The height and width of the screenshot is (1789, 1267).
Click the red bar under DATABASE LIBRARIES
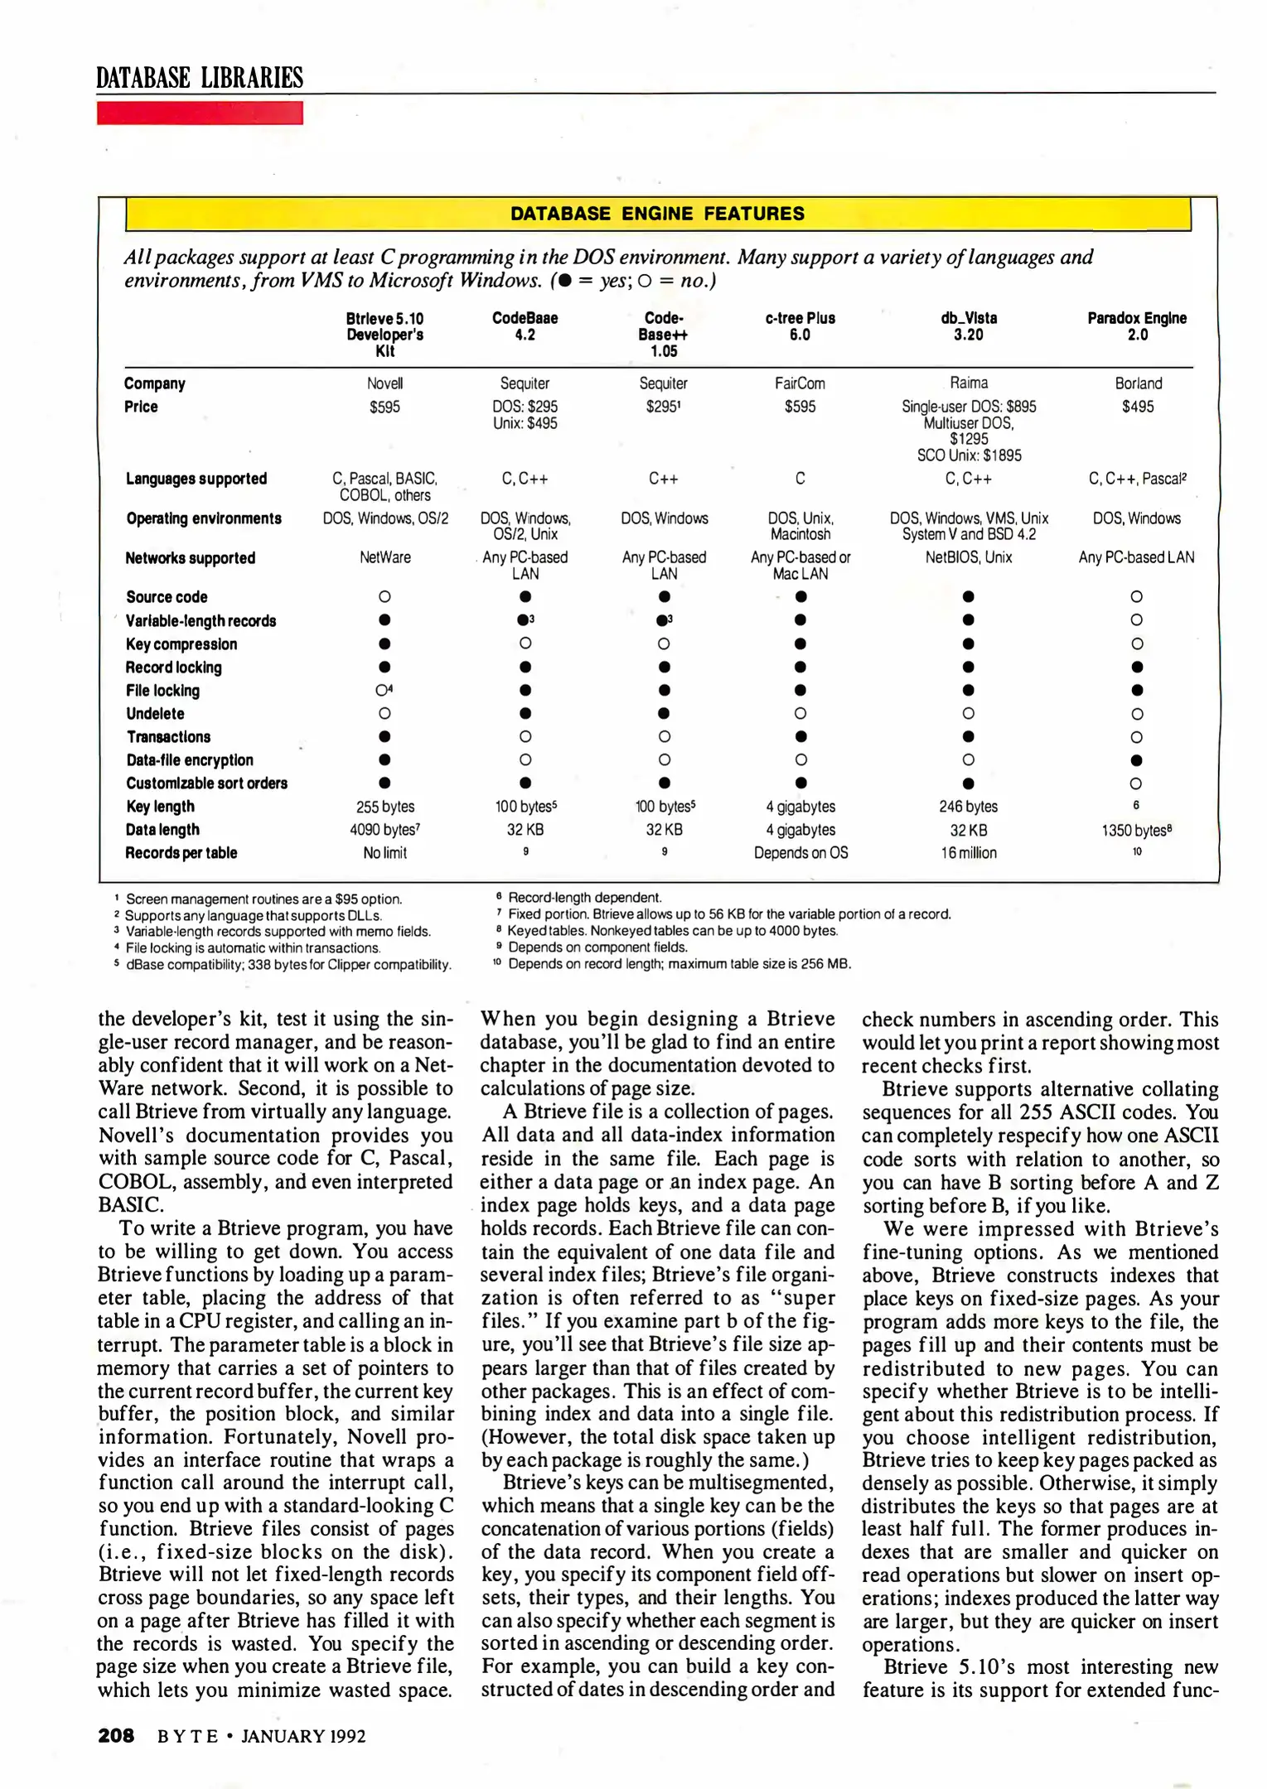coord(200,113)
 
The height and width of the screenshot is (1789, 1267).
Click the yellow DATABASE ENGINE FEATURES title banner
coord(657,214)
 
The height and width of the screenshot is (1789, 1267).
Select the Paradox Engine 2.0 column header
coord(1137,326)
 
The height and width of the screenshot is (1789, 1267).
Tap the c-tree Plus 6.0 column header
coord(800,326)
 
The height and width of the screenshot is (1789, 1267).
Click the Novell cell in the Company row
coord(384,383)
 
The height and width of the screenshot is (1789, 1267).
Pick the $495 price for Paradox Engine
coord(1138,407)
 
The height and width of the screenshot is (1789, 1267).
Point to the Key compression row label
coord(181,644)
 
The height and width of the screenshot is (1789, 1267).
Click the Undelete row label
coord(155,714)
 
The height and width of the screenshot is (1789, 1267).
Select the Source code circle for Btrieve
coord(384,596)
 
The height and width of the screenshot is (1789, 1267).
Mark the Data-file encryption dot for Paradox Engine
coord(1137,760)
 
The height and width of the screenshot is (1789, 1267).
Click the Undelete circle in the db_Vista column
coord(968,714)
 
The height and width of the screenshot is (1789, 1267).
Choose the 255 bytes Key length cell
coord(384,807)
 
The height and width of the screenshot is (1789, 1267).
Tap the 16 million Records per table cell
coord(968,853)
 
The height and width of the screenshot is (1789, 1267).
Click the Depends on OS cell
coord(800,853)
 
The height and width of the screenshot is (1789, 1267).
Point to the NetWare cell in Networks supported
coord(384,557)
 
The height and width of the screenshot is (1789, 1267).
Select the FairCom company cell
coord(800,383)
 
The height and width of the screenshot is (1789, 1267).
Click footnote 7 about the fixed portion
coord(728,914)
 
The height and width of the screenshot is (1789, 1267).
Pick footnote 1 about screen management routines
coord(264,899)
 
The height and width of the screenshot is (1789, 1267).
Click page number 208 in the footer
coord(116,1736)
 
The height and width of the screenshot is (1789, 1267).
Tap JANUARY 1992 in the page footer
coord(303,1737)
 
